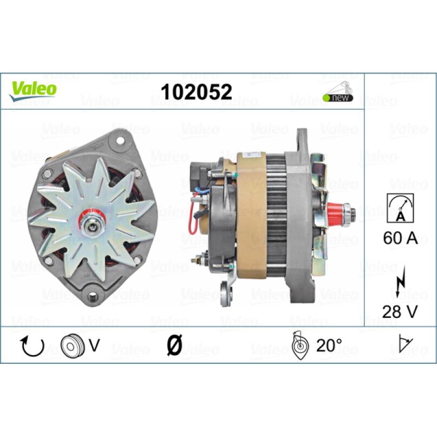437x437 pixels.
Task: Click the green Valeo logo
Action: [x=33, y=91]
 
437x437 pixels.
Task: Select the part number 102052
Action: [x=197, y=92]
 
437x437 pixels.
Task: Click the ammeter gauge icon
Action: [x=400, y=208]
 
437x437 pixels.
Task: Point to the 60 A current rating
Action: [x=400, y=238]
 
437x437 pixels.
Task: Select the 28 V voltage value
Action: [x=400, y=311]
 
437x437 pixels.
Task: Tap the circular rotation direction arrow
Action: [x=33, y=346]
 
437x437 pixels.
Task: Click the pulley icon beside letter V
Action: [x=72, y=346]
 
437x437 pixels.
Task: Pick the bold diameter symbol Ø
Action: [x=174, y=345]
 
